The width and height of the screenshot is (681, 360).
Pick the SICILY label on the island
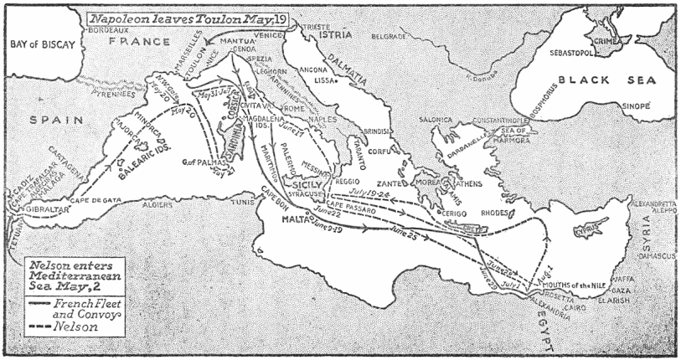pos(304,179)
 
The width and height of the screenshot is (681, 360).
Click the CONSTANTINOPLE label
pos(501,121)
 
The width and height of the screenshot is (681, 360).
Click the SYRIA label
pos(645,229)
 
